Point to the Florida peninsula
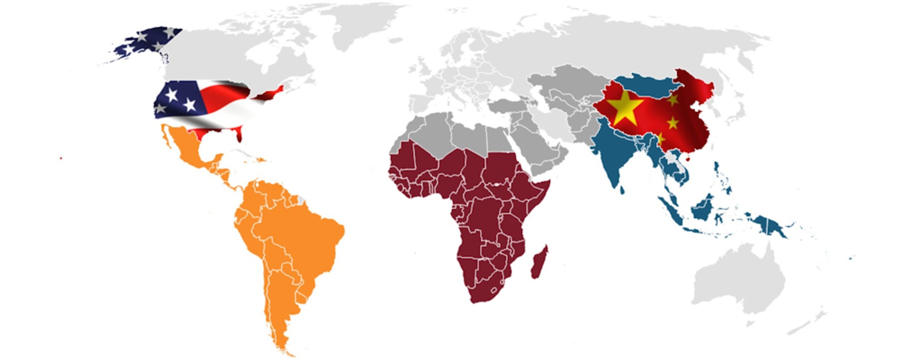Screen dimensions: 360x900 [239, 134]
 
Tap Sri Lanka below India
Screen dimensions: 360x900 [622, 190]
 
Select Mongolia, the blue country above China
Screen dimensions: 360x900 [646, 88]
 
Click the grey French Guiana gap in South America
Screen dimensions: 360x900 [301, 200]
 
